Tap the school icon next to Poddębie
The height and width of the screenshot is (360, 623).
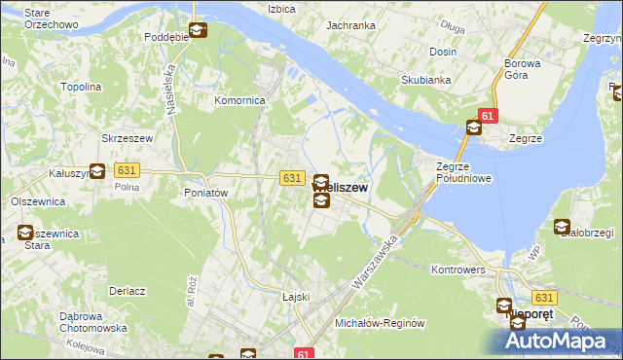tap(198, 31)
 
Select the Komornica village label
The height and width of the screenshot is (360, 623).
tap(240, 100)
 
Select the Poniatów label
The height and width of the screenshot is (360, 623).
tap(205, 193)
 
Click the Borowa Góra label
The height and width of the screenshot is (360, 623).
tap(522, 70)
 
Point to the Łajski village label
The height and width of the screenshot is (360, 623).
tap(295, 297)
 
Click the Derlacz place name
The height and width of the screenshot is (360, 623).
tap(128, 291)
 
